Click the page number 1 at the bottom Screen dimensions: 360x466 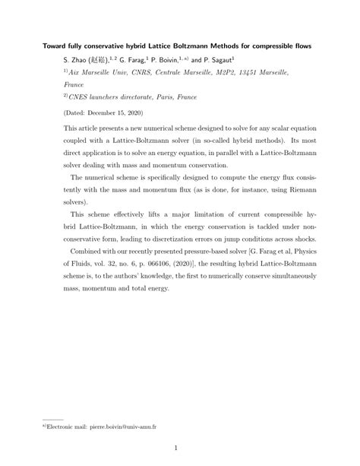(175, 449)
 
